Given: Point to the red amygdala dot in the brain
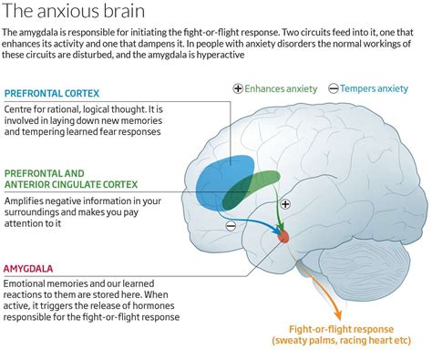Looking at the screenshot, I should (283, 235).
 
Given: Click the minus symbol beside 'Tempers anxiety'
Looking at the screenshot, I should (334, 88).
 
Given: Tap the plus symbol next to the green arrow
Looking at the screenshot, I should (285, 205).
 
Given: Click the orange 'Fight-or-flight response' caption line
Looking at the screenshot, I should (347, 327).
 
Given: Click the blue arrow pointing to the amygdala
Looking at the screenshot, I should (260, 224).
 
